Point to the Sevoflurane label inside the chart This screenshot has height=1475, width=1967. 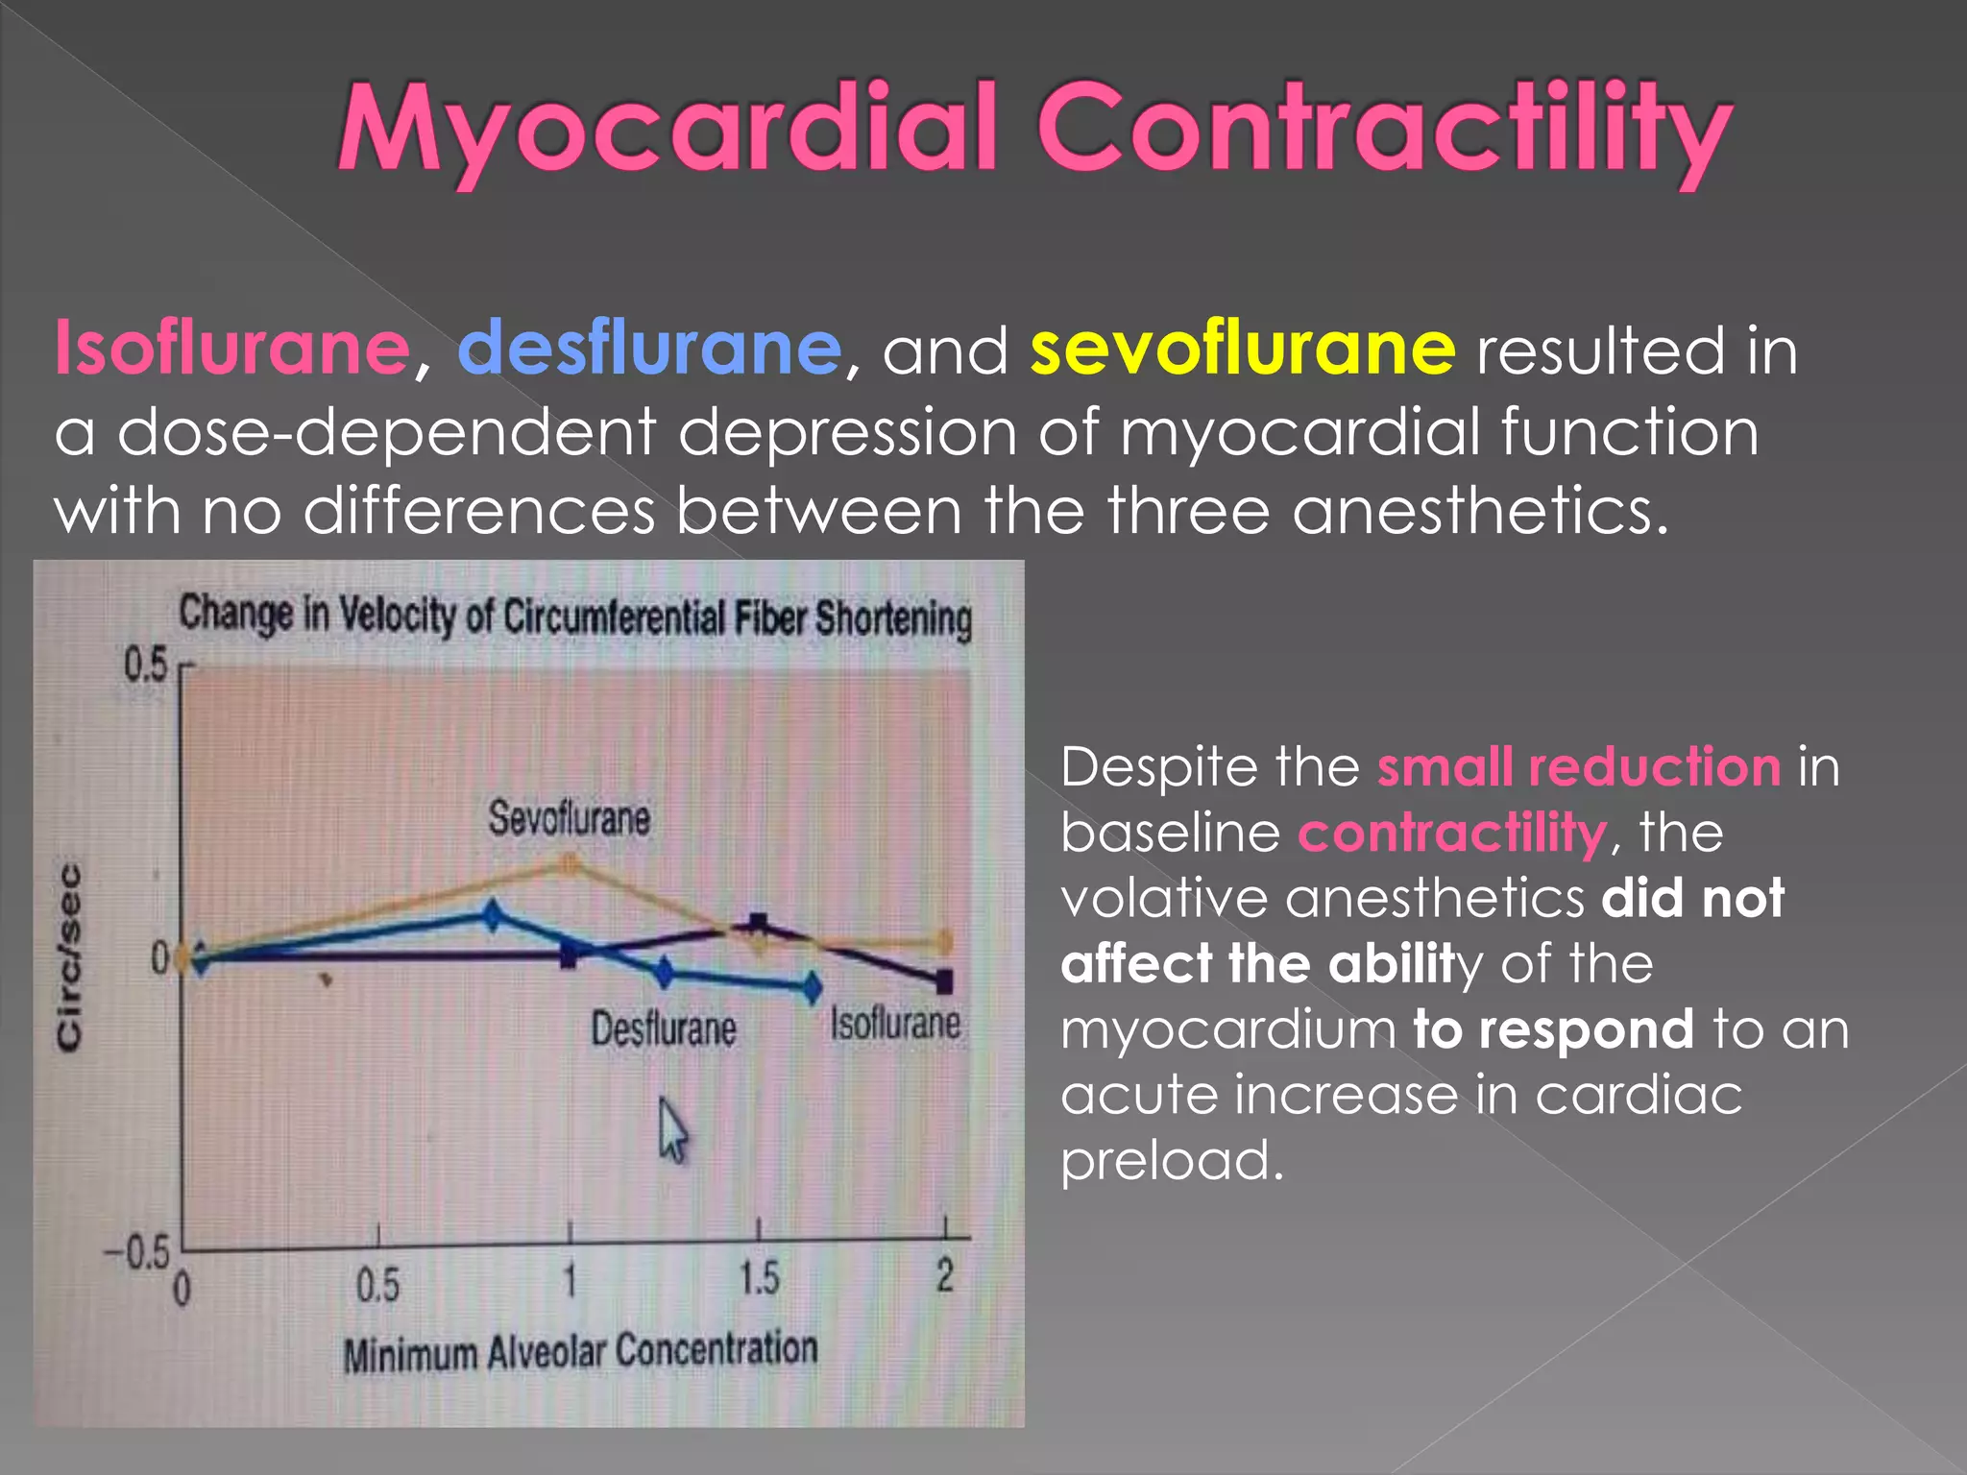(x=569, y=819)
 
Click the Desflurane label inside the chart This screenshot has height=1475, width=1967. (x=663, y=1029)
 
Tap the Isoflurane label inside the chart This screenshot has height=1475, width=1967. (x=894, y=1023)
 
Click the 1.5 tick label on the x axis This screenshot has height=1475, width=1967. (x=759, y=1279)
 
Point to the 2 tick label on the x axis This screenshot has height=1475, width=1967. (x=945, y=1277)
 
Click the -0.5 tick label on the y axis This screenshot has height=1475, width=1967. (x=136, y=1253)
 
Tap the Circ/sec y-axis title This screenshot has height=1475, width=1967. (x=69, y=955)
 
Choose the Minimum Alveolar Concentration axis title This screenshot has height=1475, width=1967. (x=580, y=1352)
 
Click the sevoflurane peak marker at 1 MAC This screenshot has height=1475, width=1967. (x=570, y=864)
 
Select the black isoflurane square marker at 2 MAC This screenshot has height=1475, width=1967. (x=944, y=981)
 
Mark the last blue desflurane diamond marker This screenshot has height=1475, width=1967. (x=813, y=986)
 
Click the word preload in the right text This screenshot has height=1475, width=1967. (x=1172, y=1160)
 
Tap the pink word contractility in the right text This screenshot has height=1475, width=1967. (x=1452, y=832)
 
